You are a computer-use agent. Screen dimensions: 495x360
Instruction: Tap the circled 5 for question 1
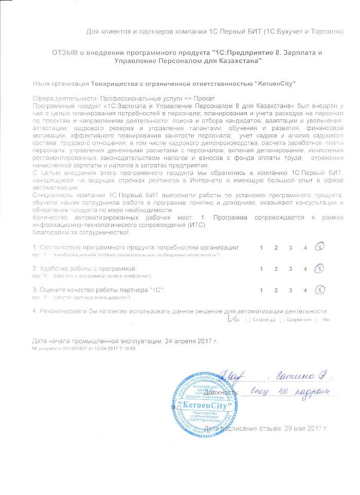click(320, 247)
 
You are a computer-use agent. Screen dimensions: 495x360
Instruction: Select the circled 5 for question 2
click(320, 269)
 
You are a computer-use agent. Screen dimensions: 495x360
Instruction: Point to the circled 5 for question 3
click(320, 290)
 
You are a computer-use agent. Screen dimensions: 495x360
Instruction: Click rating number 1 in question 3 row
click(261, 291)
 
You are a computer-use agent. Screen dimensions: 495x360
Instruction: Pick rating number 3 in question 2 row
click(291, 269)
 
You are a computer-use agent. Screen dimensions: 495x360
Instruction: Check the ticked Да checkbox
click(229, 320)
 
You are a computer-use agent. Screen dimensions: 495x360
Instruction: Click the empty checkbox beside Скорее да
click(248, 320)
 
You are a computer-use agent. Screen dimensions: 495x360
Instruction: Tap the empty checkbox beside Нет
click(318, 320)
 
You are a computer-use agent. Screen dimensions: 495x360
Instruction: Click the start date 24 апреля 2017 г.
click(191, 341)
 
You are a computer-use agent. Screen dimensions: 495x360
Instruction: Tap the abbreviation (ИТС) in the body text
click(197, 225)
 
